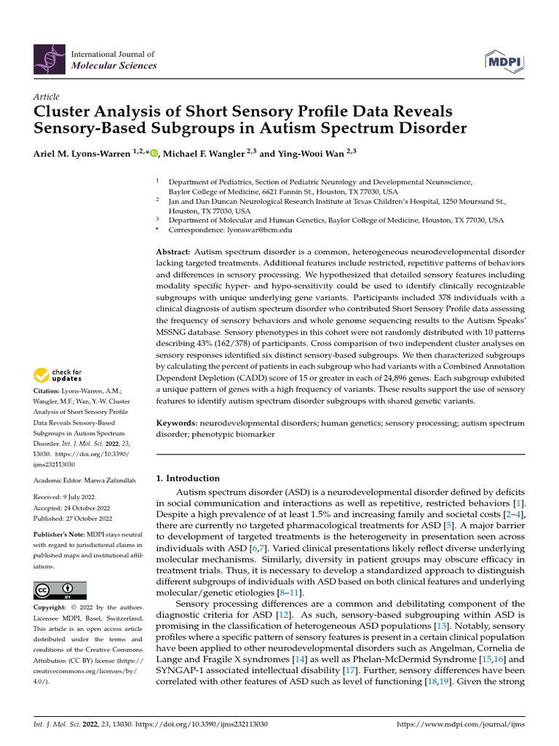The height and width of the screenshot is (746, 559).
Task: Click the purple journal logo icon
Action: click(49, 60)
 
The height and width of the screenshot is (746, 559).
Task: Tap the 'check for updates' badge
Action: click(58, 376)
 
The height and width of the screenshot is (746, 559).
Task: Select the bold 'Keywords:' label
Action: click(177, 423)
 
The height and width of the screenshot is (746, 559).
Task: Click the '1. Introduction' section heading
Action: click(188, 479)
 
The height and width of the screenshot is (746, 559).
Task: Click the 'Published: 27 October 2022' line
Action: click(73, 518)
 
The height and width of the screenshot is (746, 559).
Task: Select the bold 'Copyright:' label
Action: click(54, 607)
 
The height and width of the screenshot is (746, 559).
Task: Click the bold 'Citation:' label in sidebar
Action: click(48, 391)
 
